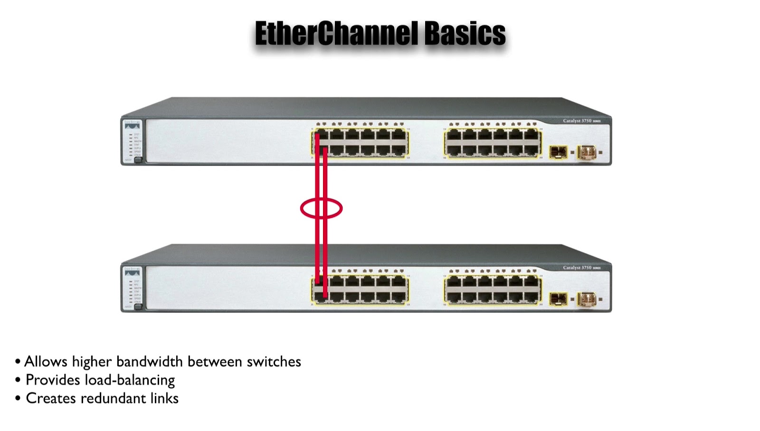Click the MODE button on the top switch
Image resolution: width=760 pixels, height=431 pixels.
click(x=138, y=160)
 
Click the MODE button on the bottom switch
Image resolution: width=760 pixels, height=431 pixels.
click(x=138, y=307)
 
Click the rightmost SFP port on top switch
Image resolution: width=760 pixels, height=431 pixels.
click(x=587, y=152)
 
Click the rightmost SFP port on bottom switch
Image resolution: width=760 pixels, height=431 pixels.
click(x=587, y=299)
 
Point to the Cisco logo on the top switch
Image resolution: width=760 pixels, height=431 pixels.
click(x=133, y=122)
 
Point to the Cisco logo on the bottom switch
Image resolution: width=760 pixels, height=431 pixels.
click(x=133, y=269)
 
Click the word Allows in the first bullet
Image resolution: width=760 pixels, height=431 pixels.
click(x=46, y=362)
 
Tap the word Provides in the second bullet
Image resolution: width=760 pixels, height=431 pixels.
click(x=52, y=380)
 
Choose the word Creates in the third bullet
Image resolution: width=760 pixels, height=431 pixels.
click(x=51, y=398)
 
